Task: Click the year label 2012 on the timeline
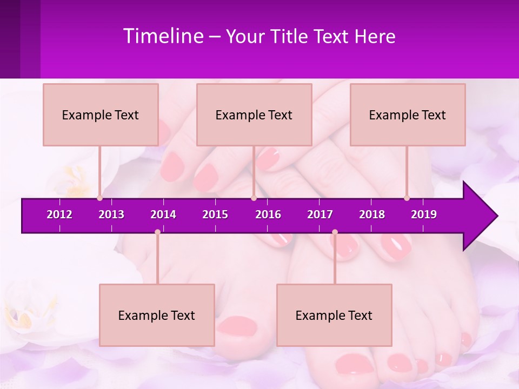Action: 59,214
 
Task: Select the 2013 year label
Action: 111,214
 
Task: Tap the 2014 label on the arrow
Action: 163,214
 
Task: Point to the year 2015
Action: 215,214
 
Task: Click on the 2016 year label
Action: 268,214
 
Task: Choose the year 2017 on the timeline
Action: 320,214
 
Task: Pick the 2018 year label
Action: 372,214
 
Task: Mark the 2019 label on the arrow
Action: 424,214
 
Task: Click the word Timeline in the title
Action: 163,36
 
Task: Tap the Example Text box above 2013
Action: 101,115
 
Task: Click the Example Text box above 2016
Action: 254,115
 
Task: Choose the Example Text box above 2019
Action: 408,115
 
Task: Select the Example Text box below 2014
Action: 157,316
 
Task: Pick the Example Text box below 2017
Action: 334,316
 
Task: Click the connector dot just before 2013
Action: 100,198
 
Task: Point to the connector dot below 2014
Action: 157,232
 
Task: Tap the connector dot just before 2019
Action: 407,198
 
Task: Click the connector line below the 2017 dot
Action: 335,259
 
